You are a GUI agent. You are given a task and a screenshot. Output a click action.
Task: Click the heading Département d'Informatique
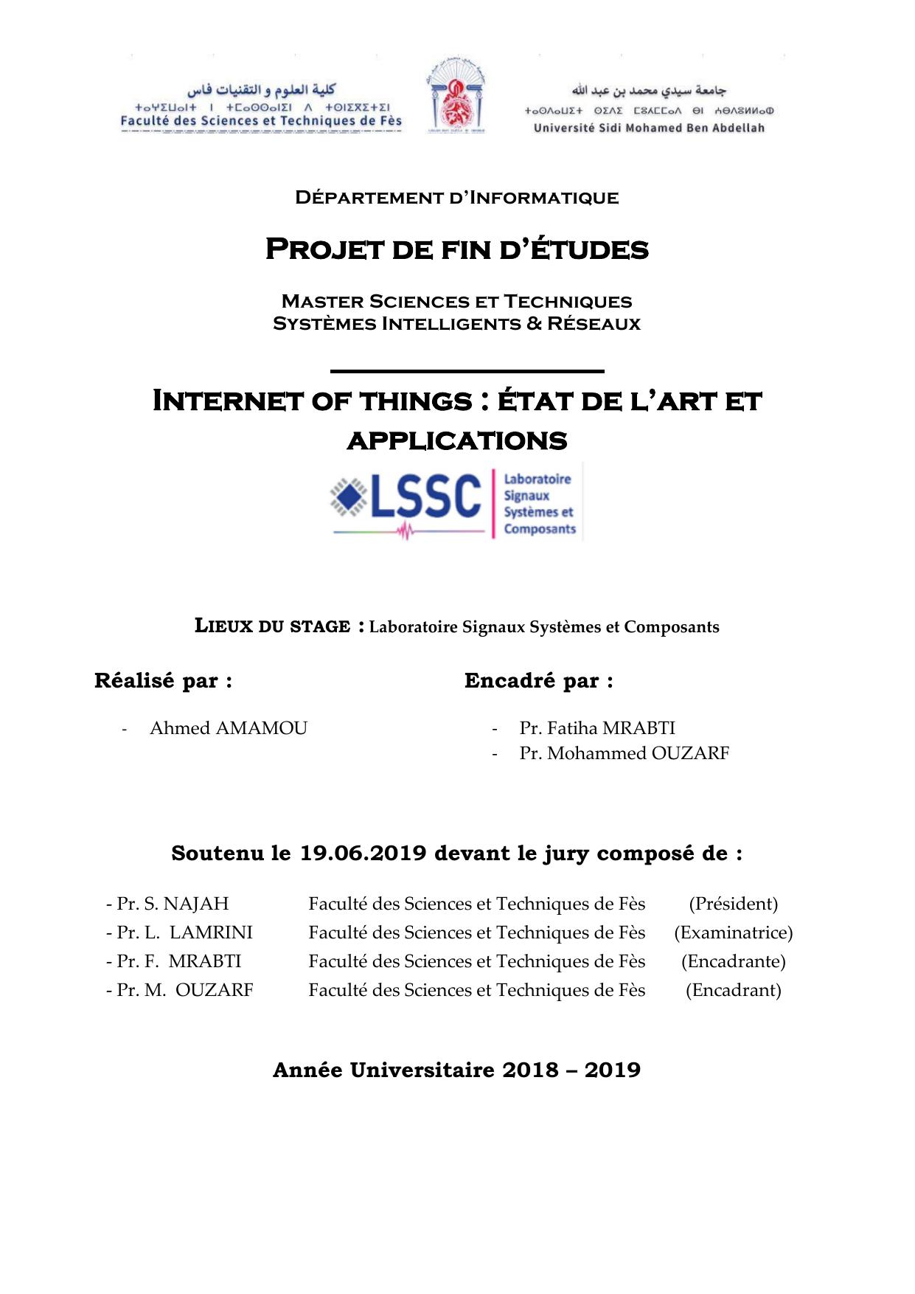coord(456,198)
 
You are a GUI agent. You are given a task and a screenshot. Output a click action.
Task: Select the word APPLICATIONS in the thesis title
coord(456,441)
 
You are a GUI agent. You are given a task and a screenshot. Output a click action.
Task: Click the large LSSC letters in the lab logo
coord(425,497)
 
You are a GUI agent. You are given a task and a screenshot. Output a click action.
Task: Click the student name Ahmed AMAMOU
coord(229,728)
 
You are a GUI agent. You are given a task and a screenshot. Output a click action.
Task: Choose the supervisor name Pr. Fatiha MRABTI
coord(597,728)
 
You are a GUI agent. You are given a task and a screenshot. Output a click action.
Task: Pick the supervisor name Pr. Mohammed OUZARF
coord(624,753)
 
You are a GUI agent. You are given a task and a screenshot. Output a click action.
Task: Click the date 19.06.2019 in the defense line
coord(363,854)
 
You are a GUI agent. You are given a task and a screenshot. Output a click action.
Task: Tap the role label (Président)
coord(733,904)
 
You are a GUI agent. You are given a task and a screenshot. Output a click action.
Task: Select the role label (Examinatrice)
coord(733,933)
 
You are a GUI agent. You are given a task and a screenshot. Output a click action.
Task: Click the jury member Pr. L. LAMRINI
coord(184,933)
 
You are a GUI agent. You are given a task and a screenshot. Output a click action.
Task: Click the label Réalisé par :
coord(163,681)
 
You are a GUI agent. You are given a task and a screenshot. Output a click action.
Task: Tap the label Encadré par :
coord(538,681)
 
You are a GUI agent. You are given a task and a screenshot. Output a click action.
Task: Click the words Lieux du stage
coord(272,626)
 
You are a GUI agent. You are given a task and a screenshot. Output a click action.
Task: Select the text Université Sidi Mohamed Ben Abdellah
coord(649,128)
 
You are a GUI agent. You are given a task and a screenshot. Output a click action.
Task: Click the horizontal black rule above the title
coord(467,371)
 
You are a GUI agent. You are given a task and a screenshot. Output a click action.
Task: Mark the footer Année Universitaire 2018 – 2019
coord(456,1070)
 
